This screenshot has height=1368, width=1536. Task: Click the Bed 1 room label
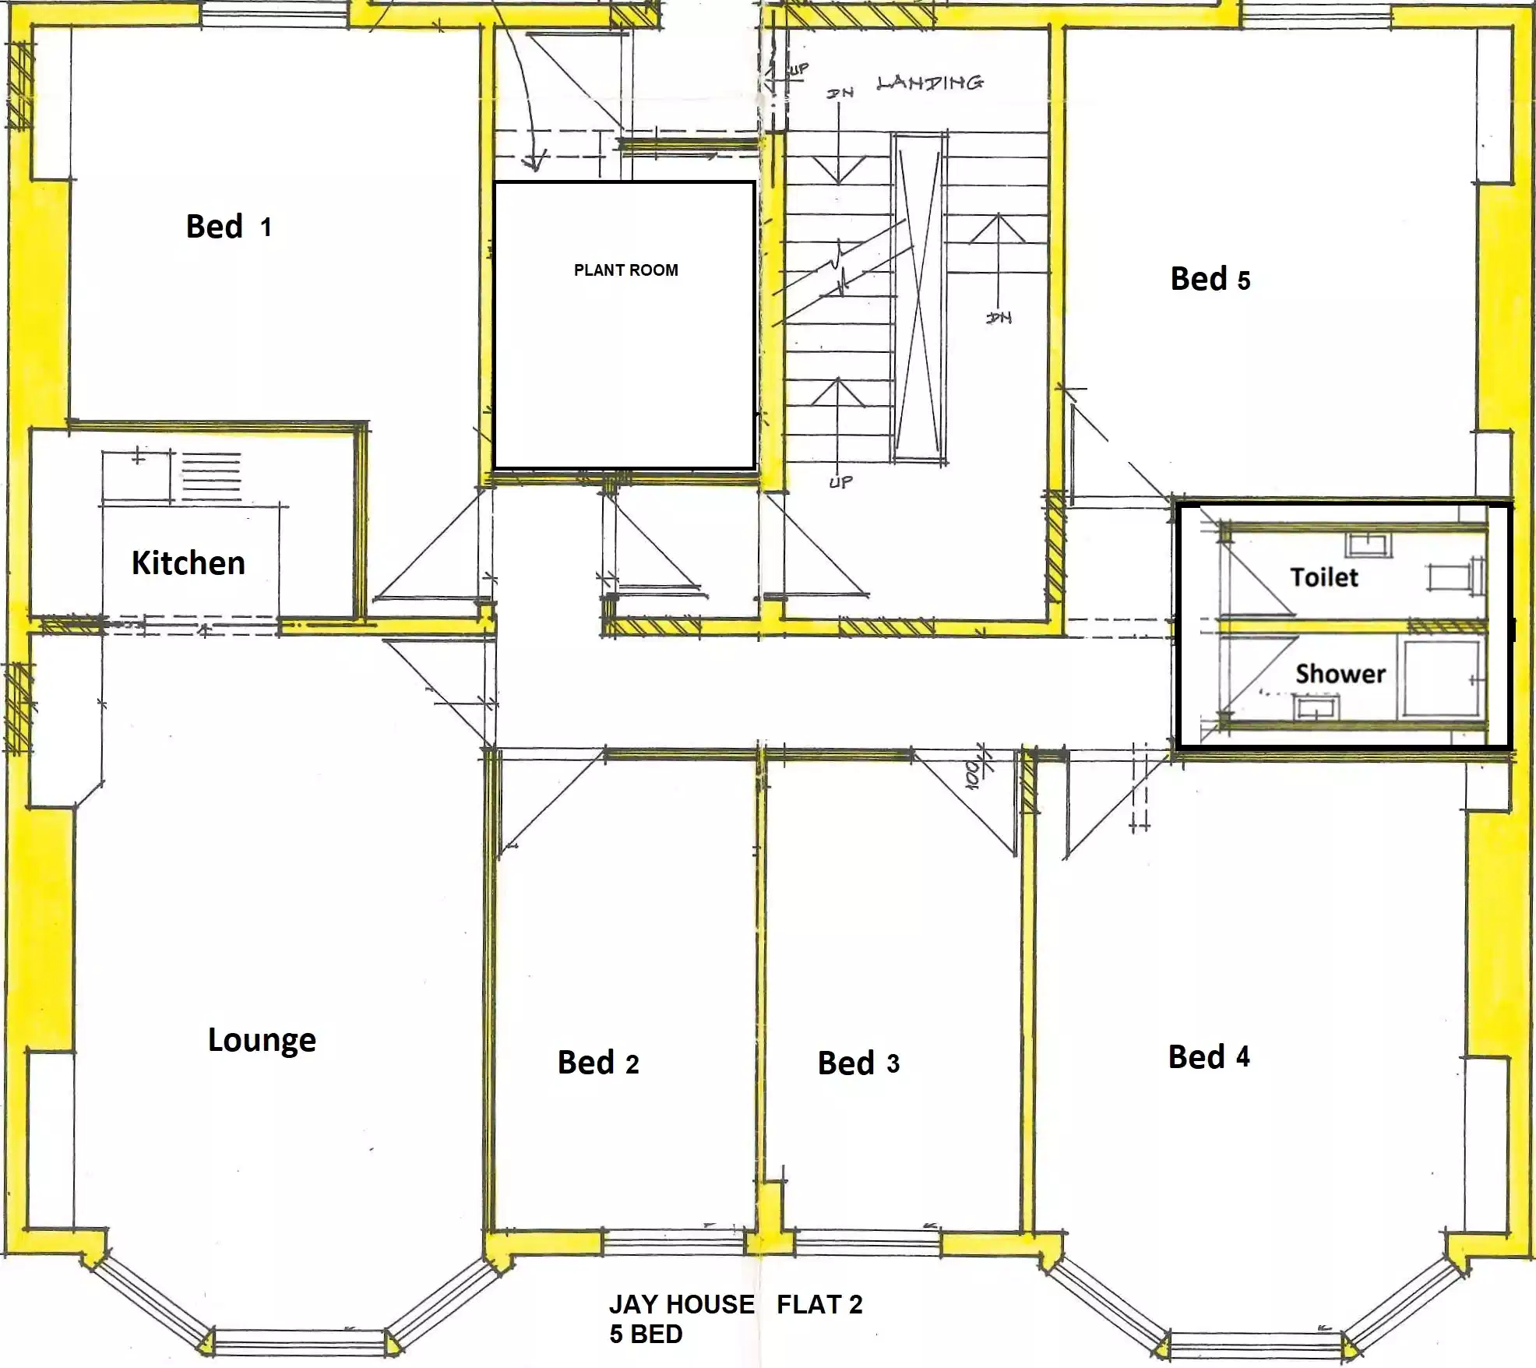pos(228,227)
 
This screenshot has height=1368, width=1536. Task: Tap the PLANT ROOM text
pos(625,270)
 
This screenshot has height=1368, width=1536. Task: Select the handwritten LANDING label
pos(929,83)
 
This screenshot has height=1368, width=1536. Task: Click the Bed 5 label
pos(1210,280)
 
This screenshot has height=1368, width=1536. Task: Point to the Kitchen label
pos(188,562)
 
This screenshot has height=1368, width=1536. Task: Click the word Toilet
pos(1323,577)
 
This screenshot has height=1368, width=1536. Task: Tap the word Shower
pos(1340,673)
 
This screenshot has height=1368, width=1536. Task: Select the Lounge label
pos(262,1040)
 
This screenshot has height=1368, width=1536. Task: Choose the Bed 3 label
pos(858,1063)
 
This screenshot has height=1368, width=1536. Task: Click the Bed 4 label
pos(1208,1057)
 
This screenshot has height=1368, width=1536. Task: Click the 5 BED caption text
pos(646,1335)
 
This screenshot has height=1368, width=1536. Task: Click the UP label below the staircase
pos(840,482)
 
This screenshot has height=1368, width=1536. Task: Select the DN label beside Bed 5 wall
pos(999,318)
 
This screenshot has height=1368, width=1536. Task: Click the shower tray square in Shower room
pos(1439,678)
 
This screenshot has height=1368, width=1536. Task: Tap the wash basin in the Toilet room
pos(1369,545)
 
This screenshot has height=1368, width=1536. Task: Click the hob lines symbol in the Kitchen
pos(211,476)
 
